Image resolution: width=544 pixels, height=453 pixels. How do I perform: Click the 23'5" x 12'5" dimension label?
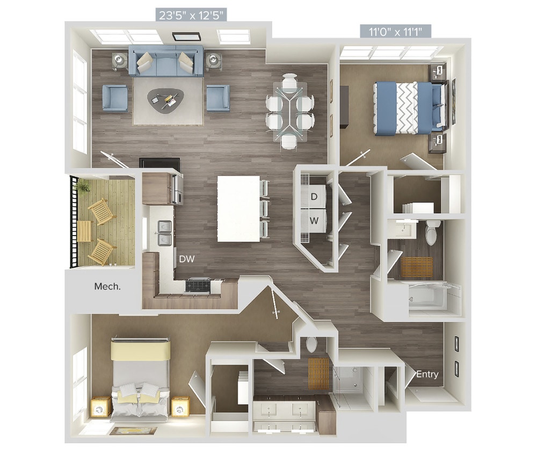(192, 14)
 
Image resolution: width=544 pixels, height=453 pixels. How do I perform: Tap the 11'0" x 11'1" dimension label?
(396, 31)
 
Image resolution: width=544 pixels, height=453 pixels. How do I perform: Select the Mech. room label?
(107, 286)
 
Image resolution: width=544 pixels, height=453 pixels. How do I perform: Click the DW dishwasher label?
(187, 259)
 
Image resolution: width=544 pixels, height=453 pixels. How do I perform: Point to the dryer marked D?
(314, 196)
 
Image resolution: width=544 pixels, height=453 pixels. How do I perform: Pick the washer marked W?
(314, 220)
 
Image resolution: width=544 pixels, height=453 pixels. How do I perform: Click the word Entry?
(427, 374)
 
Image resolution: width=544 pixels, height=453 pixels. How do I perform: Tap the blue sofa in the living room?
(165, 61)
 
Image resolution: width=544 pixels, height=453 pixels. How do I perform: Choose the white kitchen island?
(238, 208)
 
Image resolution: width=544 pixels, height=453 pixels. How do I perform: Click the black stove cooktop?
(198, 285)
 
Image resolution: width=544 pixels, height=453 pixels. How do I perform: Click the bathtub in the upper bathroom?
(428, 298)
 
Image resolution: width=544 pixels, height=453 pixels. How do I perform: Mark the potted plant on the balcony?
(83, 187)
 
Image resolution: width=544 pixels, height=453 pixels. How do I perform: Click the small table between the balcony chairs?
(84, 231)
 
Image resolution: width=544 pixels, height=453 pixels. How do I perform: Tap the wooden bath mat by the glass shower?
(317, 374)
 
